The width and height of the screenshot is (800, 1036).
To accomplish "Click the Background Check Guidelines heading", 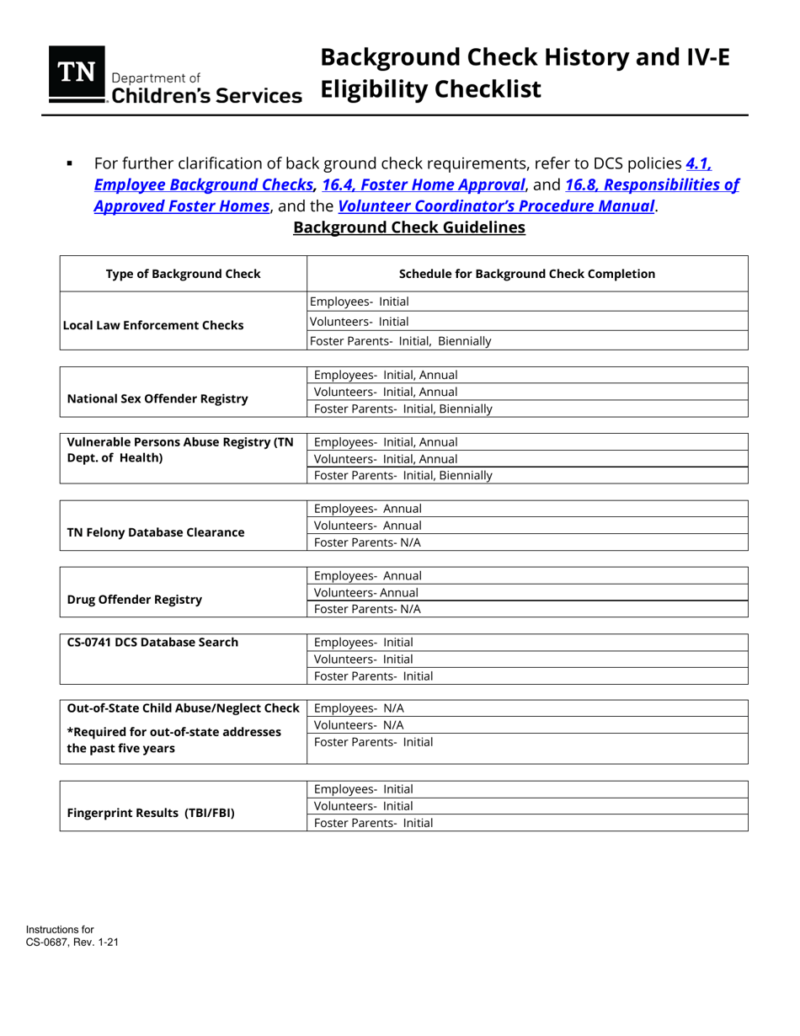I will click(x=408, y=228).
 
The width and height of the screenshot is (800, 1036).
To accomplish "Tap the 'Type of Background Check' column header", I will click(x=183, y=274).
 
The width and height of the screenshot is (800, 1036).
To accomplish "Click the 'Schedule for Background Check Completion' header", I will click(x=526, y=274).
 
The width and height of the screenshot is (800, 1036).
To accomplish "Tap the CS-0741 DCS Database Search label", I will click(x=152, y=643).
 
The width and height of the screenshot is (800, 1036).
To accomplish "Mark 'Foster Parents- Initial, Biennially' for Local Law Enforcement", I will click(x=401, y=341).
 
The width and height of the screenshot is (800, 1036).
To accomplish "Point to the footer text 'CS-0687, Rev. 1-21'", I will click(x=72, y=942).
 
